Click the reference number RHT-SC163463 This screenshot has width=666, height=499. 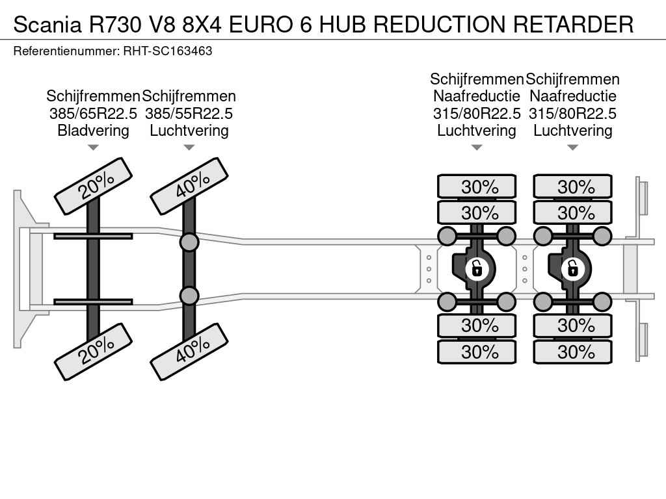[168, 51]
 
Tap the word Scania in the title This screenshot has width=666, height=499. [47, 25]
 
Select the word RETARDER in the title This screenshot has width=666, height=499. [574, 25]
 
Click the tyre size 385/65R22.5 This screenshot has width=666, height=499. [93, 113]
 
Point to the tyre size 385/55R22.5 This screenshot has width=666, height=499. [189, 113]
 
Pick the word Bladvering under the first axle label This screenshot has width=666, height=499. [93, 130]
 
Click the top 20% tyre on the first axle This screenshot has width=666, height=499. [94, 186]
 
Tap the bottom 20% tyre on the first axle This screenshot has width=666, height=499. [94, 352]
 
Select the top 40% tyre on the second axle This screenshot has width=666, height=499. [189, 186]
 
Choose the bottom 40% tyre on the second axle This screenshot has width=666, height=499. [189, 352]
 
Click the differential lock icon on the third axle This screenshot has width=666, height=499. [477, 268]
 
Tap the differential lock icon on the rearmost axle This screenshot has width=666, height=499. [572, 268]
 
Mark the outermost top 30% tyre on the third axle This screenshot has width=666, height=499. [477, 186]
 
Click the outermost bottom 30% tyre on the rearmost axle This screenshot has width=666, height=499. [572, 352]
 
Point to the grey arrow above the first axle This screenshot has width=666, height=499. [93, 147]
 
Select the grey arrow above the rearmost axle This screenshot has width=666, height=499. [572, 147]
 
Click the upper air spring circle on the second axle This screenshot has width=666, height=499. [189, 242]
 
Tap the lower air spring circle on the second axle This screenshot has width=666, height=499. [189, 296]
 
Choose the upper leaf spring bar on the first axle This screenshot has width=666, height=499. [93, 236]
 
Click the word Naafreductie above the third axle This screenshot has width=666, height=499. [477, 96]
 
